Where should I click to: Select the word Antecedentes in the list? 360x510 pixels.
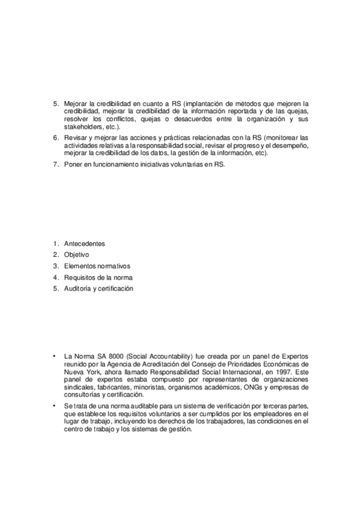[x=85, y=244]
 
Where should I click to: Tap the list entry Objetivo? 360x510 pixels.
[x=76, y=255]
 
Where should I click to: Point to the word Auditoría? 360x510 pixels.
[x=78, y=289]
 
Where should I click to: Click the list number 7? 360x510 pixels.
[x=55, y=165]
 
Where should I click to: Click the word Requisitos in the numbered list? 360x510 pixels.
[x=81, y=277]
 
